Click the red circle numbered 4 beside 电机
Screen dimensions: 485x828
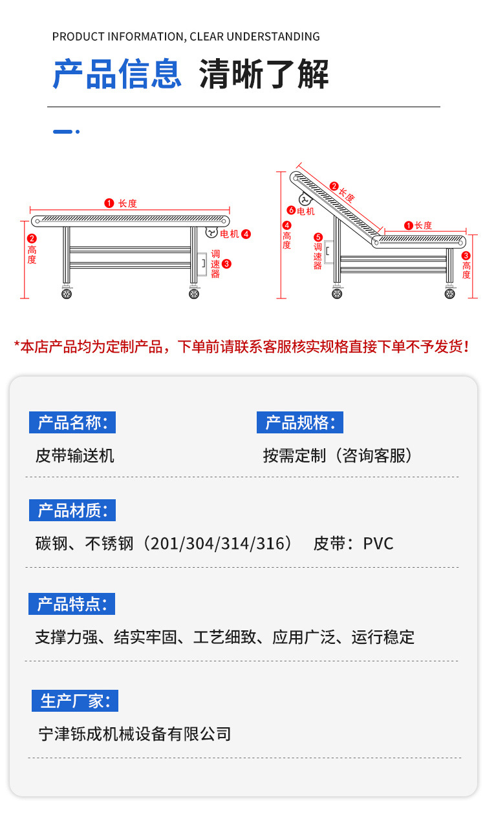click(x=246, y=234)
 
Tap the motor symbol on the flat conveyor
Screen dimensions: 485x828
click(x=211, y=232)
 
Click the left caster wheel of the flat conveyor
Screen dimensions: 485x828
click(x=67, y=294)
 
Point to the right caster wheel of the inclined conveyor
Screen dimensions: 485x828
click(x=450, y=293)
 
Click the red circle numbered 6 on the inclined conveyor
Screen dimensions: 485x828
click(x=291, y=210)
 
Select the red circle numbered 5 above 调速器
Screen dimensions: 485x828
click(x=318, y=237)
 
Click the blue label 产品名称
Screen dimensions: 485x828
click(x=72, y=423)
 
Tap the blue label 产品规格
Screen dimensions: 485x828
click(x=299, y=423)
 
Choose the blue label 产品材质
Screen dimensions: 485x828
click(x=72, y=510)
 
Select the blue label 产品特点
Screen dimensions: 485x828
click(x=72, y=604)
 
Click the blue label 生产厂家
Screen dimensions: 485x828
click(x=75, y=701)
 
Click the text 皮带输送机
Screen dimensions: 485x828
click(x=75, y=456)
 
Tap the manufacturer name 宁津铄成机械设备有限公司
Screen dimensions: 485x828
click(x=135, y=734)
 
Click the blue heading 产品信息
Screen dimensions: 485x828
click(x=117, y=74)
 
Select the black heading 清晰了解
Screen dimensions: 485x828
click(x=264, y=74)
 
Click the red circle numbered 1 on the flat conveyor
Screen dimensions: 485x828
click(x=109, y=203)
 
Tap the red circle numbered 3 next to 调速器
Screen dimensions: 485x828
click(x=226, y=264)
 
